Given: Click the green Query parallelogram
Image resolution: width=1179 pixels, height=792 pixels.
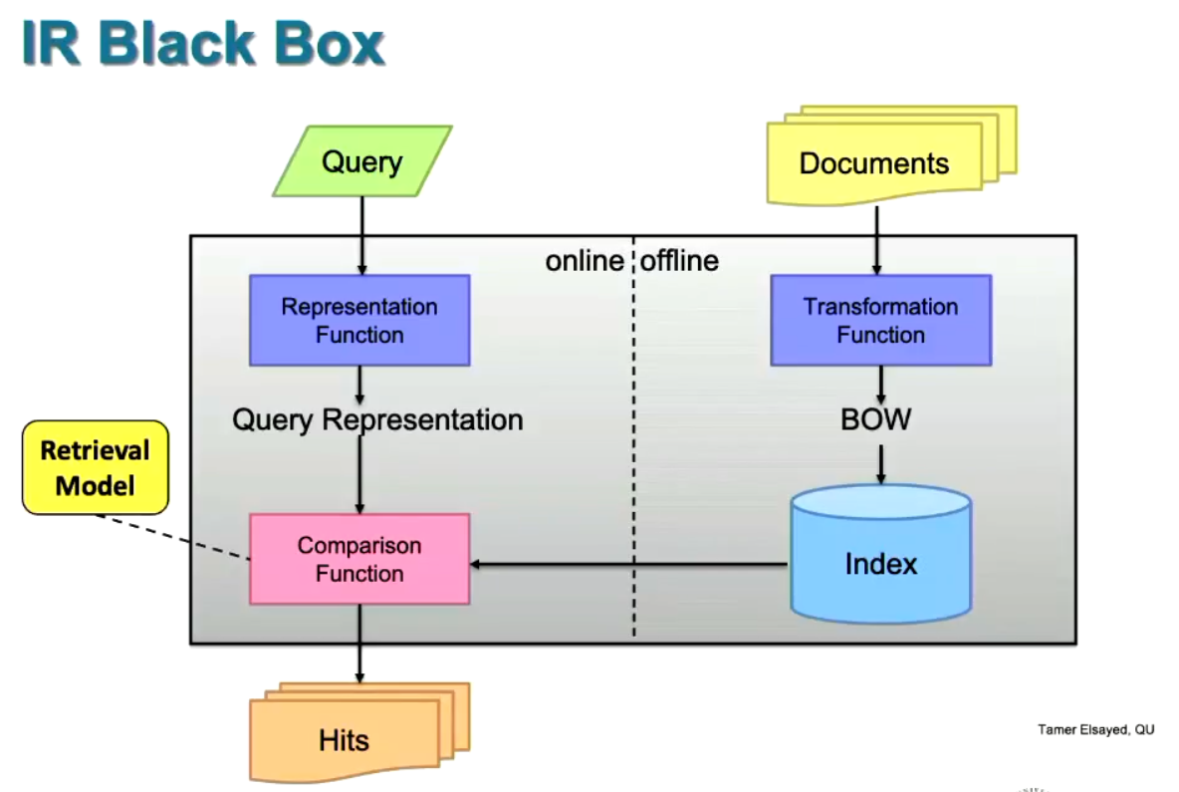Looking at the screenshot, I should [x=361, y=160].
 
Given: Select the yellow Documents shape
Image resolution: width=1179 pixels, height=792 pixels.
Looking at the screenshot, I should [x=874, y=162].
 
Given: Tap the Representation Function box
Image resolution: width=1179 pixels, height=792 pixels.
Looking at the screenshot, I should [x=358, y=320].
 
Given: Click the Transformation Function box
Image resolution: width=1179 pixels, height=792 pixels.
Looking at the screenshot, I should [x=880, y=320].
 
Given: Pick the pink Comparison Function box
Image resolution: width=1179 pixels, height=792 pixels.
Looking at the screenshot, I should [x=358, y=559].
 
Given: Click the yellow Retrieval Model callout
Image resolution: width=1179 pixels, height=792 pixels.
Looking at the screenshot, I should [x=96, y=467].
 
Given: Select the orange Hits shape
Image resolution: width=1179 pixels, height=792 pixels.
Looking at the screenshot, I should [x=345, y=738].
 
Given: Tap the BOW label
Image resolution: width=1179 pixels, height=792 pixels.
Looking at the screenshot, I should [x=875, y=419].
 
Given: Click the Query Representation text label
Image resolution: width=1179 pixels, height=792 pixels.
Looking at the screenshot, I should [x=377, y=419].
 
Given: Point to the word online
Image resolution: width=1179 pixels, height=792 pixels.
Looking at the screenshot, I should [x=585, y=261].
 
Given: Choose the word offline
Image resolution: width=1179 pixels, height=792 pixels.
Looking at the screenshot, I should [x=679, y=261].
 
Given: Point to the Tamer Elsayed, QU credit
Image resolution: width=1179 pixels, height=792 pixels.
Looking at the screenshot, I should [x=1095, y=730].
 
